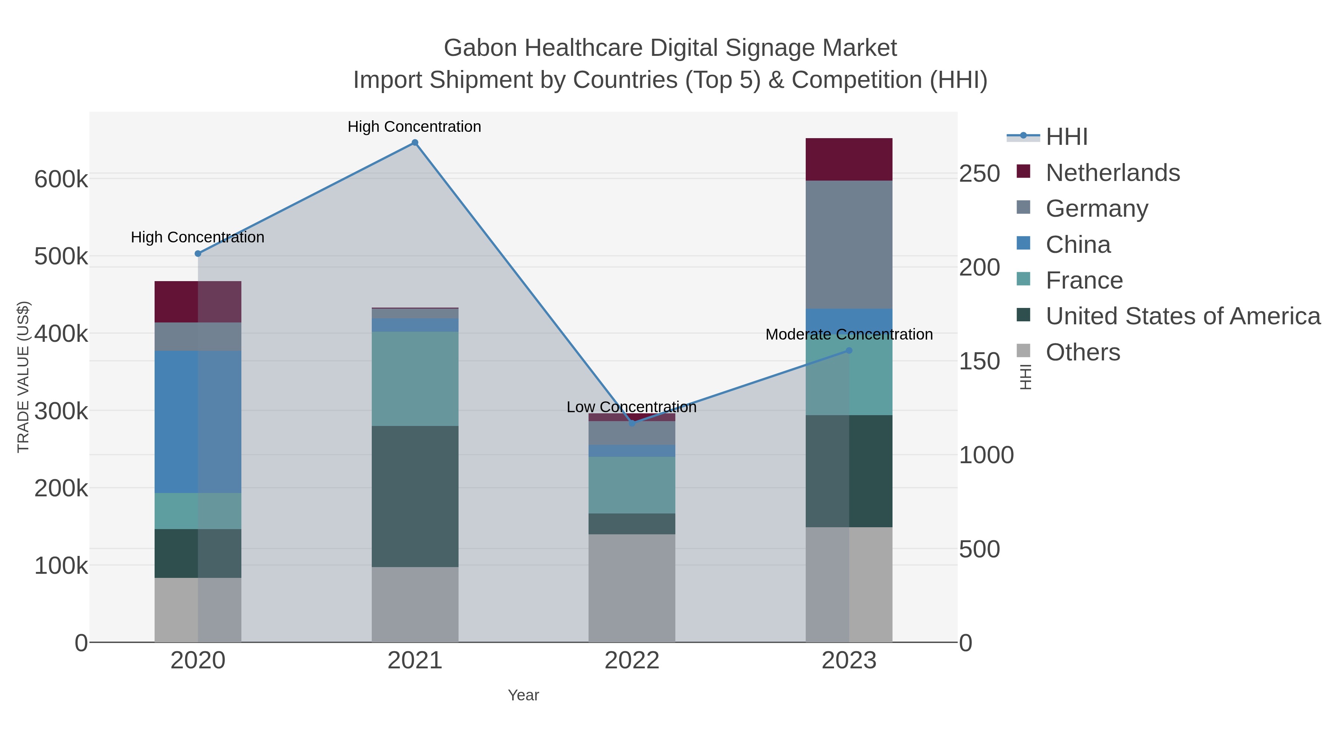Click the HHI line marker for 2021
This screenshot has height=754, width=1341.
tap(415, 143)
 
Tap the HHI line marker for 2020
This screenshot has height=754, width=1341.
tap(198, 254)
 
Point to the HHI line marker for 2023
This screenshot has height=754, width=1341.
tap(849, 351)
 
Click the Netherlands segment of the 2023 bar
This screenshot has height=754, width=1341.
tap(849, 159)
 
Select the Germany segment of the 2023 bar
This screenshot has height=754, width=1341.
tap(849, 245)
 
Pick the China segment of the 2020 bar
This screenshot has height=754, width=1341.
tap(198, 421)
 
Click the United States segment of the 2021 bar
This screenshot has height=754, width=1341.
tap(415, 496)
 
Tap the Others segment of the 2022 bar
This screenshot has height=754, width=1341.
tap(632, 588)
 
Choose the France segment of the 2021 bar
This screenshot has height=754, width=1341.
tap(415, 379)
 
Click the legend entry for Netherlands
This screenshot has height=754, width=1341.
tap(1112, 173)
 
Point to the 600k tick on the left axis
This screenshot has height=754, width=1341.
tap(61, 179)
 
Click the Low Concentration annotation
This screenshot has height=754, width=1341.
tap(631, 407)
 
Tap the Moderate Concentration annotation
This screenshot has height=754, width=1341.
tap(849, 335)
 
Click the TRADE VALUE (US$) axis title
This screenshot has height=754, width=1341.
tap(23, 377)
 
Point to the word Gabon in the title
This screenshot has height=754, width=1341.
tap(479, 48)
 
